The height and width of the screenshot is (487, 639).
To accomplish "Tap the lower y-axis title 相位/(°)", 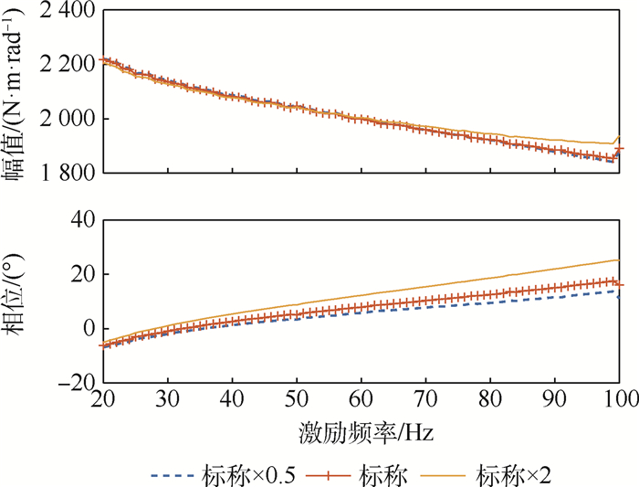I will coord(17,302).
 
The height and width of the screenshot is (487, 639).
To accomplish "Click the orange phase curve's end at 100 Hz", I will coord(620,260).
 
